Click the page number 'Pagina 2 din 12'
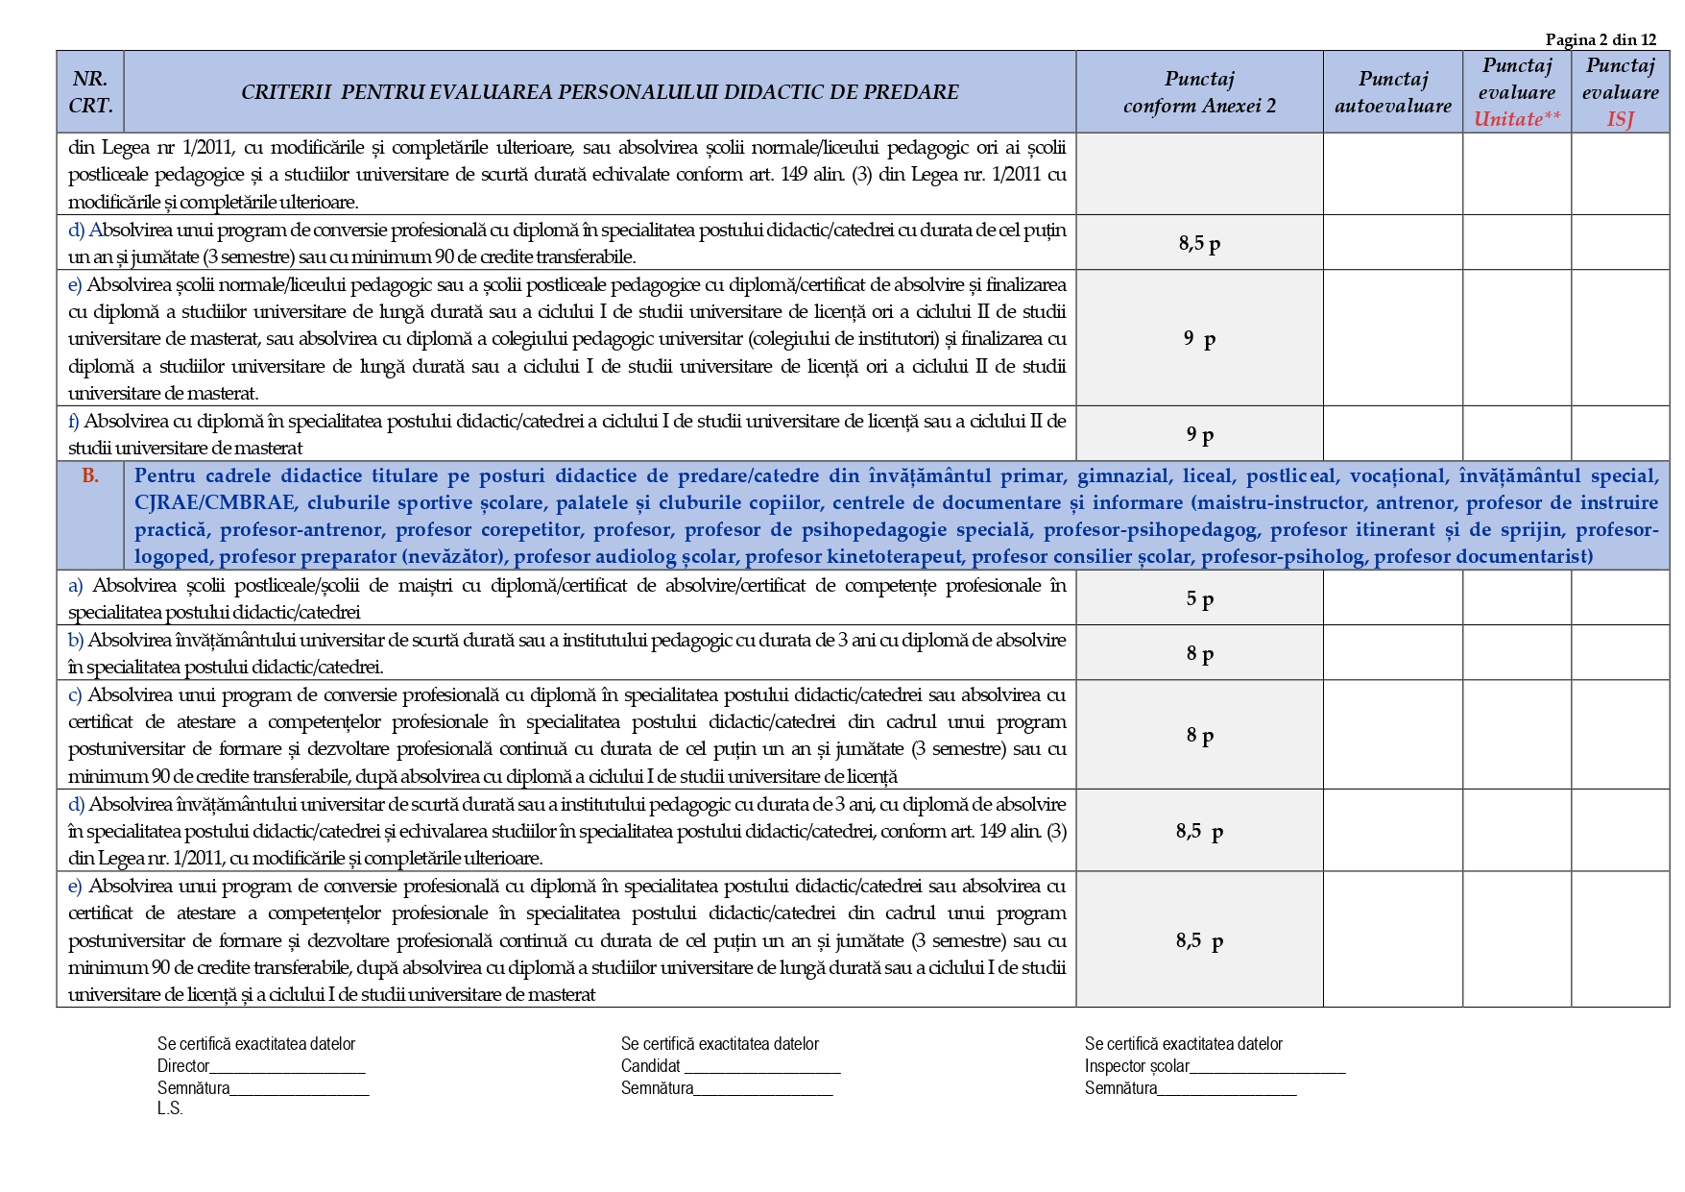1601,39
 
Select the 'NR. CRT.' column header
90,92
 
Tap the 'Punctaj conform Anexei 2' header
1199,92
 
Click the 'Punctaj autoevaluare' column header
1392,92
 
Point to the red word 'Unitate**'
1516,119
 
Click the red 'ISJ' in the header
1620,119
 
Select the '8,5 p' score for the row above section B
1199,243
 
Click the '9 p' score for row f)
1199,434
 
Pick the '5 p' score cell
1199,598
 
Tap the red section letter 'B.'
90,475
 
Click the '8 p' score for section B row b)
1199,653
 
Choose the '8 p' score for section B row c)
1199,735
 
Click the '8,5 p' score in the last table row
1199,940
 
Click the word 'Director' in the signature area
183,1066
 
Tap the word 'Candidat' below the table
650,1066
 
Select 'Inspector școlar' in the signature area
1137,1066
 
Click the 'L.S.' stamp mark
170,1108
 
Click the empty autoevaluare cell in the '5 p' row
1392,598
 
